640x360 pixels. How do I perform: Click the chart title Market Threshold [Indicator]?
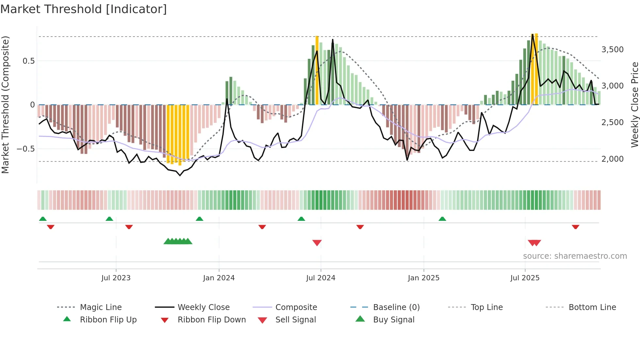coord(84,9)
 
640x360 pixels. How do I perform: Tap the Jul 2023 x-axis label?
coord(116,278)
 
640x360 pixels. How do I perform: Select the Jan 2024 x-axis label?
coord(219,278)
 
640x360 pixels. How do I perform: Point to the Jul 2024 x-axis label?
coord(321,278)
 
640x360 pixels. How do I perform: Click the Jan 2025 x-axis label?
coord(424,278)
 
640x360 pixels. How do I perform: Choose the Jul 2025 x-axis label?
coord(525,278)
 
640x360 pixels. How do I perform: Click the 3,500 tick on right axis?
coord(612,50)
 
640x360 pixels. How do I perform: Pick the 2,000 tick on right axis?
coord(612,159)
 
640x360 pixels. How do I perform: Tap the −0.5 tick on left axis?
coord(25,149)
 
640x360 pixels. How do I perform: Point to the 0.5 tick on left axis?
coord(28,61)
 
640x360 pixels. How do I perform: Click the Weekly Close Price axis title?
coord(634,105)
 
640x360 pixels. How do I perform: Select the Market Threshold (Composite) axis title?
coord(5,105)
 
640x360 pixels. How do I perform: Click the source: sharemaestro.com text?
coord(575,256)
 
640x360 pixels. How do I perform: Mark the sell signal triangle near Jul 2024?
coord(317,243)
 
